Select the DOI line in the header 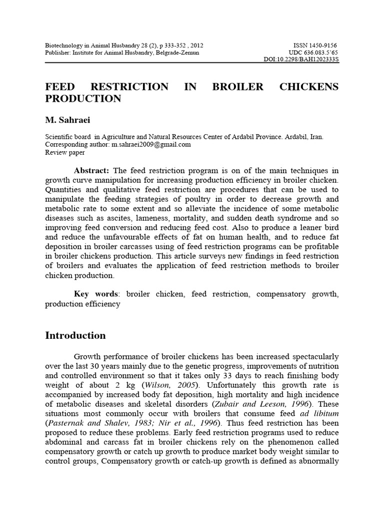pyautogui.click(x=301, y=59)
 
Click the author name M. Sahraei pyautogui.click(x=66, y=120)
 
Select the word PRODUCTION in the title pyautogui.click(x=83, y=99)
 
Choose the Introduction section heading pyautogui.click(x=75, y=335)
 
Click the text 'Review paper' pyautogui.click(x=65, y=152)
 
